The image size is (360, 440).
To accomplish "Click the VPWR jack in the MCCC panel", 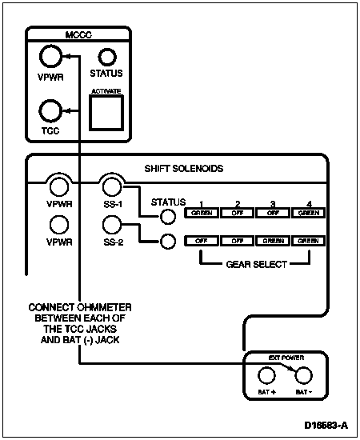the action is [50, 57].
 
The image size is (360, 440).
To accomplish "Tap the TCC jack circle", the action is [50, 111].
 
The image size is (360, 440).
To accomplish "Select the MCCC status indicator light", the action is [107, 58].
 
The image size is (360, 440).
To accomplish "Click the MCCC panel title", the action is [78, 34].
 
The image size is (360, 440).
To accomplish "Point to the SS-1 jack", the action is [112, 187].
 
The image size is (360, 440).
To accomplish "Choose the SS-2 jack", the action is [112, 225].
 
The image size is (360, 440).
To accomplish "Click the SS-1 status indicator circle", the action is [168, 217].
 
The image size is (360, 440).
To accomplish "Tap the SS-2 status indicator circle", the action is [168, 241].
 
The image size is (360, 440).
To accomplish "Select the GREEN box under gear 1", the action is [202, 213].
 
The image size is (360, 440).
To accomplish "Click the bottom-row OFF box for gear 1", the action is [202, 241].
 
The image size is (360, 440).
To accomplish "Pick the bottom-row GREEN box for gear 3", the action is [273, 241].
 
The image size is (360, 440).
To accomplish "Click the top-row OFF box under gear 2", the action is [238, 213].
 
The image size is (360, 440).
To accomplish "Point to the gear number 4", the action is [309, 204].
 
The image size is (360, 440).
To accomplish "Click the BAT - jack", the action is [303, 375].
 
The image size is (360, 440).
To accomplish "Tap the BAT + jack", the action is [266, 375].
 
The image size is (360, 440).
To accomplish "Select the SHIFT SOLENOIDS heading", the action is [184, 168].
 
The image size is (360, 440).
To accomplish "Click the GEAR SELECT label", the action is [257, 264].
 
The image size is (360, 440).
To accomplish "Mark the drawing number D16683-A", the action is [326, 425].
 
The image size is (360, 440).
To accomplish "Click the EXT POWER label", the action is [286, 358].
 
